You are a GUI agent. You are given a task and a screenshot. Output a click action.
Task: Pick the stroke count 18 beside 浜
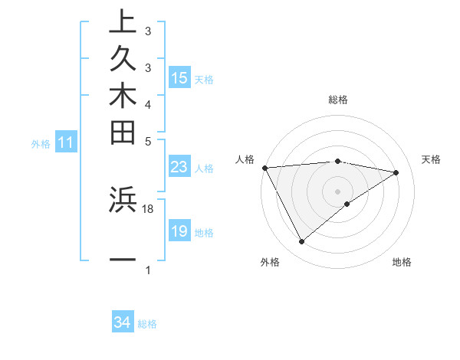point(148,208)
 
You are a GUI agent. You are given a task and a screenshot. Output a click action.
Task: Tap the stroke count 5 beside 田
point(148,141)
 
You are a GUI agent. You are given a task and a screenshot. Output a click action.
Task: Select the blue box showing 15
point(179,78)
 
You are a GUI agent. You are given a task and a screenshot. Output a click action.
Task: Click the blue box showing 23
point(179,167)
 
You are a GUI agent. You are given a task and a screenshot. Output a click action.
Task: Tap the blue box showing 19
point(179,231)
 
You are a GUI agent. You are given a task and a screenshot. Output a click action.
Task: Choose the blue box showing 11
point(67,142)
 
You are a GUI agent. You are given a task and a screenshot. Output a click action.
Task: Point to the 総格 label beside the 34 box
point(147,324)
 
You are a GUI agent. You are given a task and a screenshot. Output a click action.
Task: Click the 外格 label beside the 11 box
point(41,142)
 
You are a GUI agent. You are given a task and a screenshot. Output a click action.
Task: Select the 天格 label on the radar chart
point(432,159)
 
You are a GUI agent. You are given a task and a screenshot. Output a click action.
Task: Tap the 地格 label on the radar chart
point(402,263)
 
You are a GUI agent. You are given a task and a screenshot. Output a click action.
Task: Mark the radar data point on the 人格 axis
point(264,167)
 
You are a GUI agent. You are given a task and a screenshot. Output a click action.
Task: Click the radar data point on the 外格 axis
point(301,242)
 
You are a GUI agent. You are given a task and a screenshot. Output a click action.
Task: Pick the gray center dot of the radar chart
point(338,191)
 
